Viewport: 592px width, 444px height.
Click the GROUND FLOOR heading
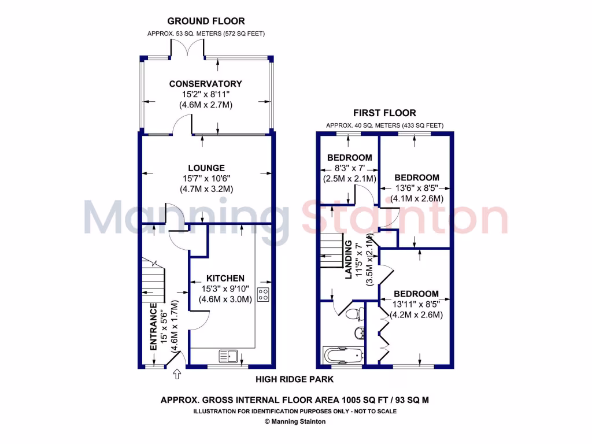pos(206,21)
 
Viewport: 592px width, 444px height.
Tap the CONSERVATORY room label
pos(205,84)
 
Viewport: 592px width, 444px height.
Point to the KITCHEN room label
pos(225,278)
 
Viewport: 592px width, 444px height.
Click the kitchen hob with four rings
pos(264,294)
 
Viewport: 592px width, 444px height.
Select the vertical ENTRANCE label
pos(154,327)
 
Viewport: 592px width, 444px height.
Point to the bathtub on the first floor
pos(342,355)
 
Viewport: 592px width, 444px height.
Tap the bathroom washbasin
pos(359,333)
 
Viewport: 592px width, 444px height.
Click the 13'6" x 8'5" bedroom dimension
pos(416,188)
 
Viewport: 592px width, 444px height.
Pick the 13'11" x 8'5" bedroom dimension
pos(416,304)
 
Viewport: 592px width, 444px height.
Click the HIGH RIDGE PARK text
pos(295,379)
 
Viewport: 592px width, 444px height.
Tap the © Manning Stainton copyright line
pos(295,421)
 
